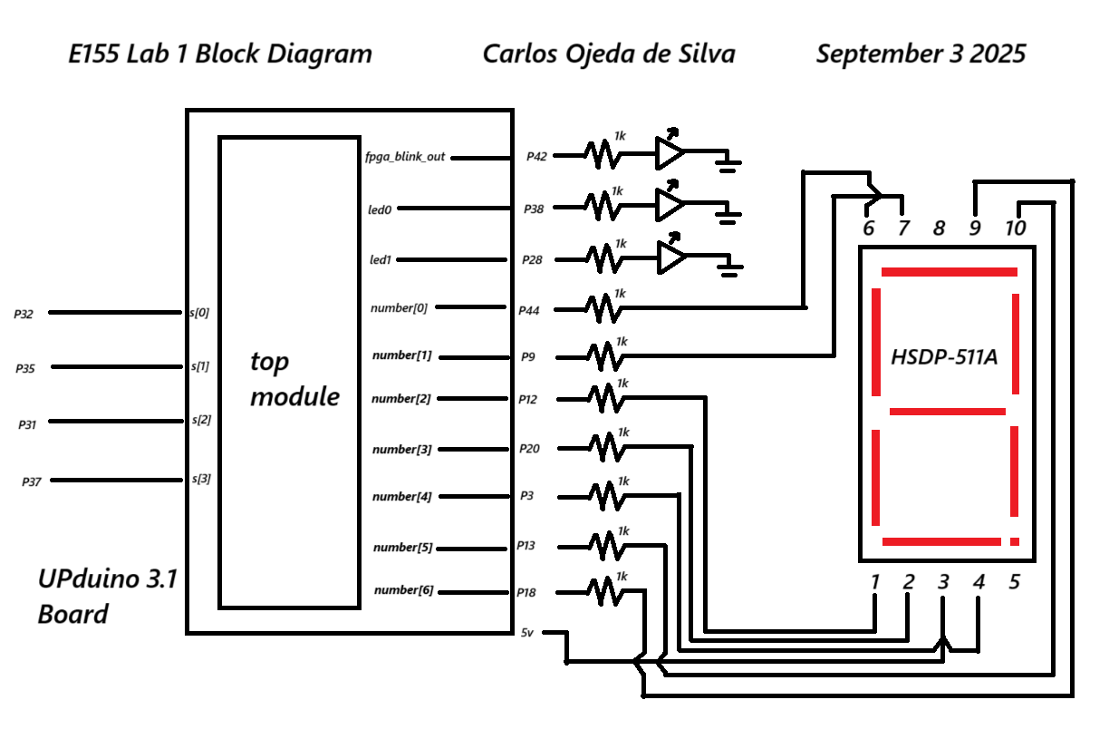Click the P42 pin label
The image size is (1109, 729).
coord(536,156)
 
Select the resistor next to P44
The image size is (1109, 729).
coord(603,308)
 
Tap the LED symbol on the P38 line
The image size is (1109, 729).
coord(670,205)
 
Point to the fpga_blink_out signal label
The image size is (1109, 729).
coord(406,156)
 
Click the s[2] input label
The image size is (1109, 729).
coord(200,421)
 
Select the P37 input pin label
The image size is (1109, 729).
coord(32,482)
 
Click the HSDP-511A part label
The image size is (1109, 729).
coord(944,356)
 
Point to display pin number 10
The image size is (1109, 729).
coord(1015,228)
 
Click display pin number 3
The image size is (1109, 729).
coord(943,582)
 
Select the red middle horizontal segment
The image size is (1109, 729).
coord(947,412)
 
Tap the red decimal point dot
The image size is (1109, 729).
coord(1014,541)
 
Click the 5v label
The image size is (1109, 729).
coord(526,632)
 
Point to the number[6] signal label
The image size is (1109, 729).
coord(403,590)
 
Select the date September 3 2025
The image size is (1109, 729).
coord(921,53)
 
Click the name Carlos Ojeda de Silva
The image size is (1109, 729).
coord(608,53)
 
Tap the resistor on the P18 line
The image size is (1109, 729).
coord(605,592)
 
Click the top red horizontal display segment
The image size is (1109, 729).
coord(949,271)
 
